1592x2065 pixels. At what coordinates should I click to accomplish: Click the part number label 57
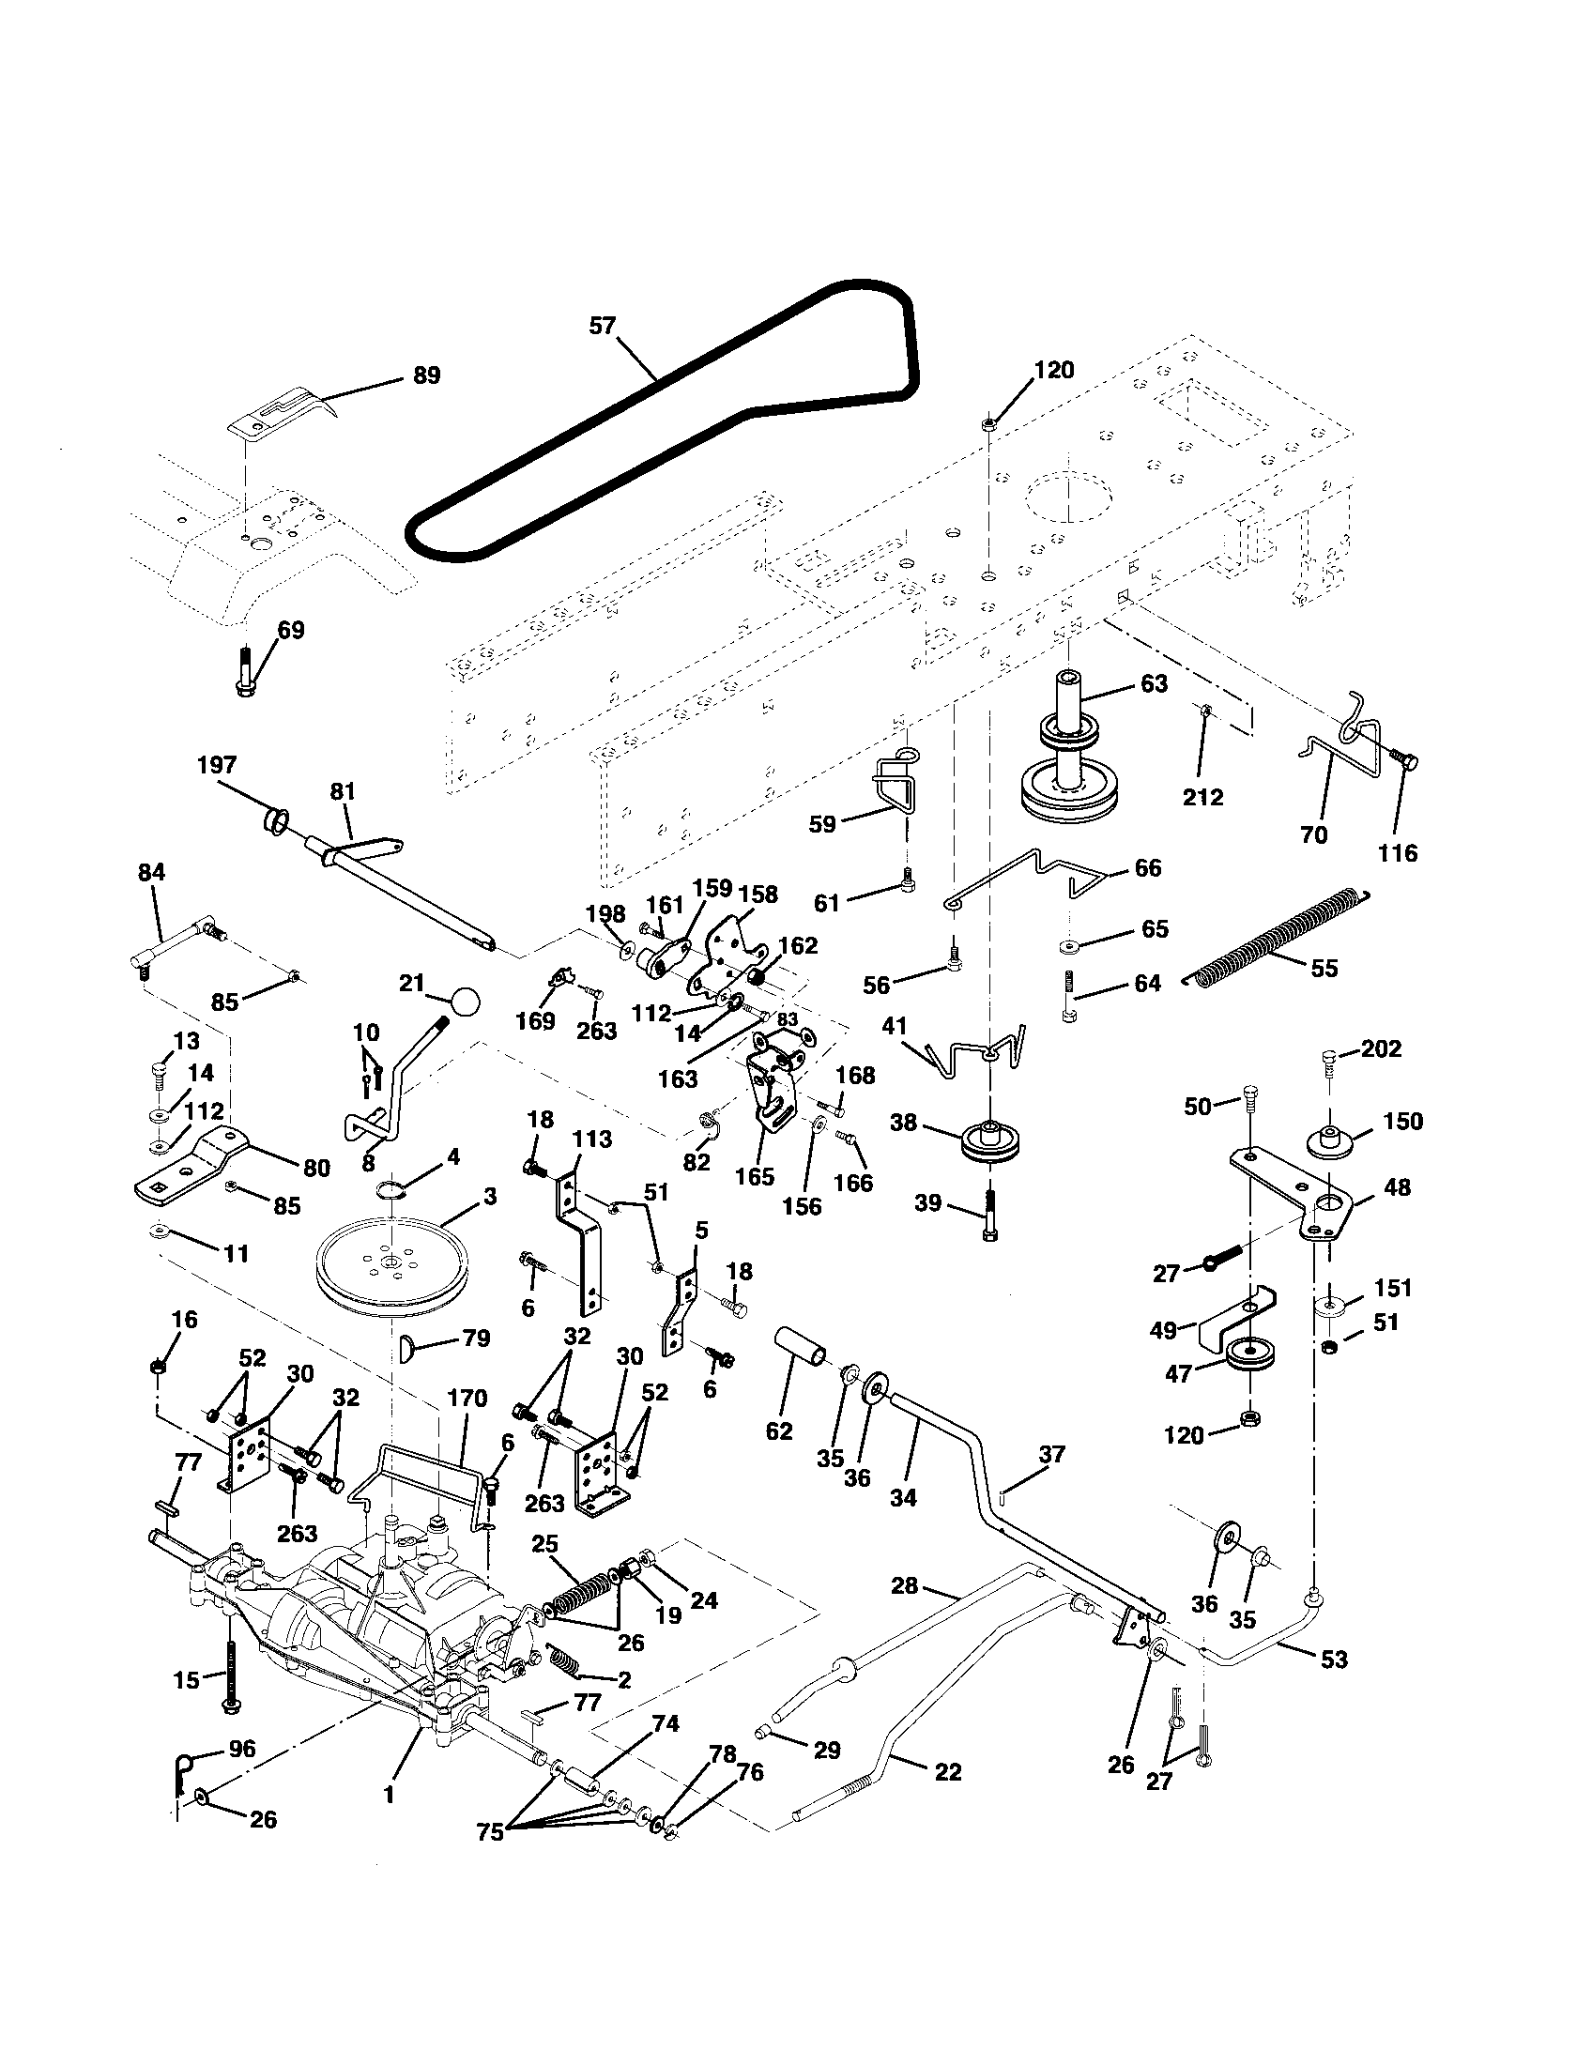click(x=603, y=327)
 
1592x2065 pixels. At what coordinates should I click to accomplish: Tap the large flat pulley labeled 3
click(x=390, y=1268)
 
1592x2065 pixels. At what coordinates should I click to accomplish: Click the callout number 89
click(x=427, y=375)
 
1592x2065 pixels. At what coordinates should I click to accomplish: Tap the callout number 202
click(x=1381, y=1048)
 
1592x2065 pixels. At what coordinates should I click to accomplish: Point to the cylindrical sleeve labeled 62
click(x=801, y=1350)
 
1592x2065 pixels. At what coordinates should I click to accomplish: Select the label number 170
click(x=467, y=1398)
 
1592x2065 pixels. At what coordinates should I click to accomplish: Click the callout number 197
click(x=217, y=765)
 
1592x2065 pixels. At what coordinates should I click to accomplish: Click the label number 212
click(x=1202, y=796)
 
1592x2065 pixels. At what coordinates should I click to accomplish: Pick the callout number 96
click(x=242, y=1750)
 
